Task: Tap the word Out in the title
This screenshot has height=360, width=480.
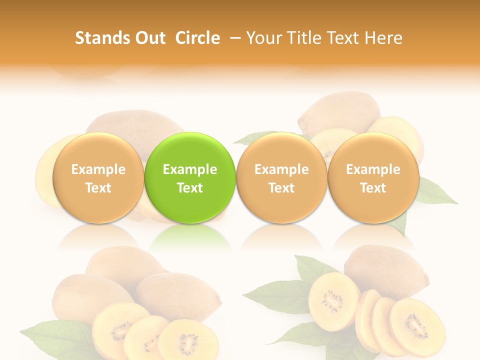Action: (149, 38)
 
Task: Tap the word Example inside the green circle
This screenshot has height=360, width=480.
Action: (190, 169)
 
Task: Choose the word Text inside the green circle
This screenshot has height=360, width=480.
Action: (190, 188)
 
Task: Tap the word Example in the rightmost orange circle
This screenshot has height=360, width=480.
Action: (373, 169)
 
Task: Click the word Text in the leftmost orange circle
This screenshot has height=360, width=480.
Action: (98, 188)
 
